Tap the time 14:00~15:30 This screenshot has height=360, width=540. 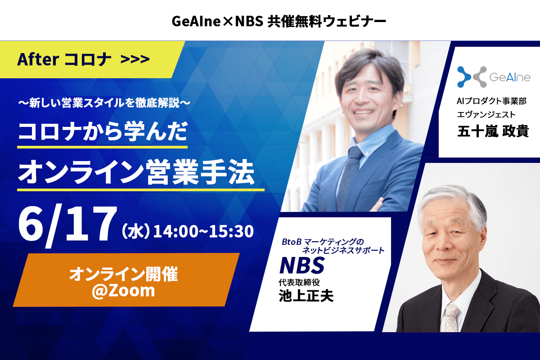[x=203, y=231]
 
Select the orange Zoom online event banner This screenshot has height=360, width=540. [x=126, y=280]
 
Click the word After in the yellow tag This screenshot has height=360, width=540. [x=38, y=59]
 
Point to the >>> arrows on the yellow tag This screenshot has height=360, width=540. [x=135, y=59]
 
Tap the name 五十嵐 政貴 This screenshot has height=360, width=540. [x=493, y=131]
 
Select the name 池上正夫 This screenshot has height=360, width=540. [x=306, y=296]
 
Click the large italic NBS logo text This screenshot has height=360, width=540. [x=302, y=265]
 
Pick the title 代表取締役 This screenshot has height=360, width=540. [x=299, y=282]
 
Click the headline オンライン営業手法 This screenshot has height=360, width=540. [x=136, y=172]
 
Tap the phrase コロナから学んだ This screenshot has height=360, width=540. [x=103, y=131]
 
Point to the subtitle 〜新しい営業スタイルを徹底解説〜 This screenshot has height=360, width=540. [x=104, y=103]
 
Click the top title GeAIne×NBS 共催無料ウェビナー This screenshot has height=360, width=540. [x=279, y=21]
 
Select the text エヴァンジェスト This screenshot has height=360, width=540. [x=486, y=114]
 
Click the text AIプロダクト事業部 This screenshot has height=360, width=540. [x=491, y=101]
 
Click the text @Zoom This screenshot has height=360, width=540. [x=123, y=291]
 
